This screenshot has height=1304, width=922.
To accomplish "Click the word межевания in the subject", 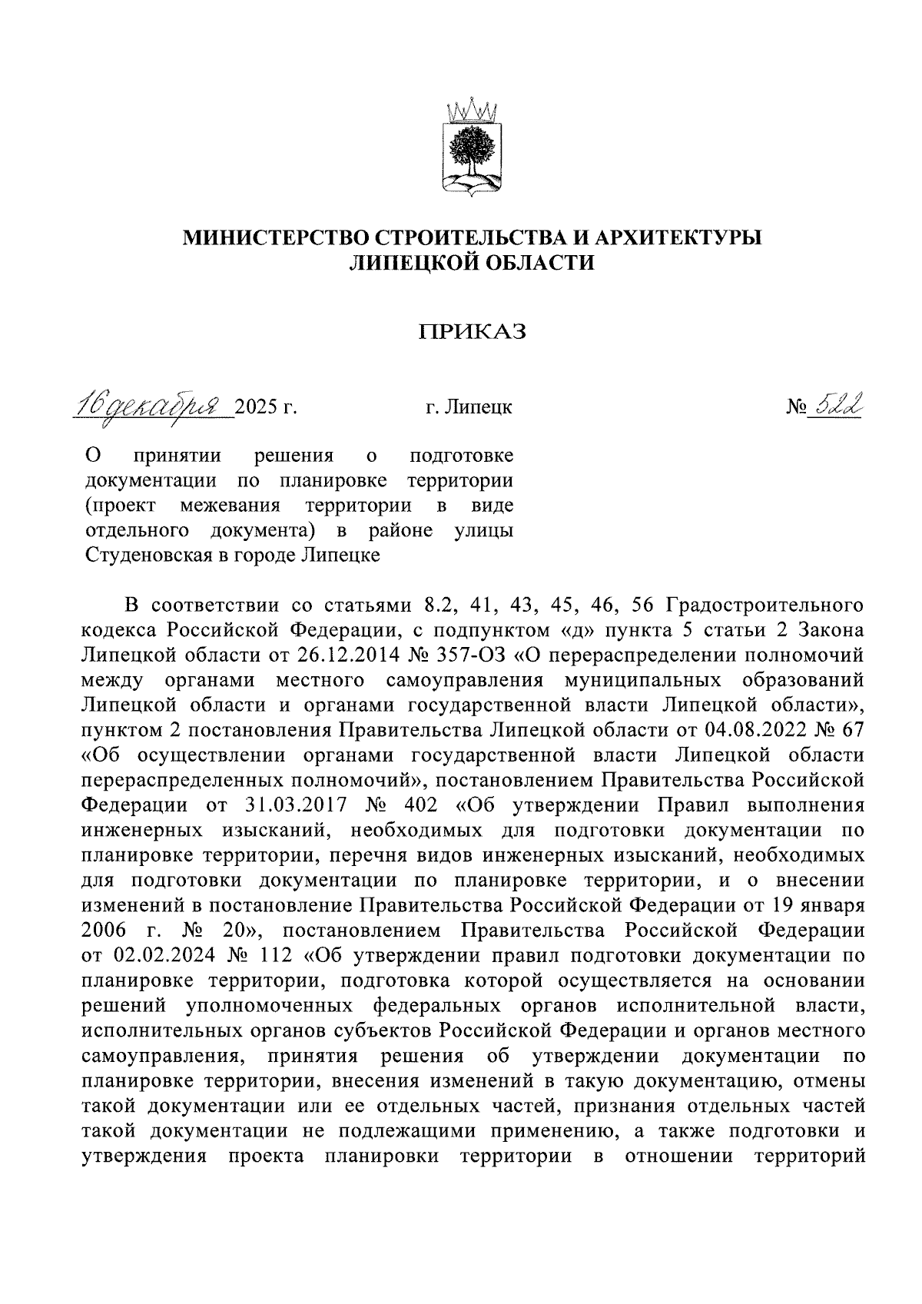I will tap(230, 506).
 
